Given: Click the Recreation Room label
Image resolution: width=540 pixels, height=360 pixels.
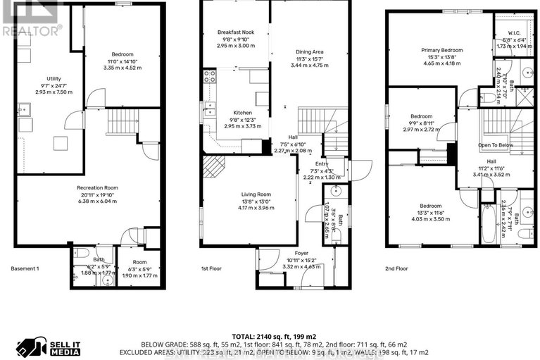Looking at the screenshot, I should click(x=96, y=187).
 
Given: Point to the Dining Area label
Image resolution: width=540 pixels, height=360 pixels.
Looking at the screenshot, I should click(x=310, y=51).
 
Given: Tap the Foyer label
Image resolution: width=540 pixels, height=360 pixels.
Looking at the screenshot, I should click(x=301, y=252).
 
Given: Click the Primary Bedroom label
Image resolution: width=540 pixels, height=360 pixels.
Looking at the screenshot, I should click(x=442, y=51).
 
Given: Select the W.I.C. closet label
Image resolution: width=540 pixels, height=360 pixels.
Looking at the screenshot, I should click(x=512, y=32).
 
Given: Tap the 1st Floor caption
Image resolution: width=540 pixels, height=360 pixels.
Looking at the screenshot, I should click(x=214, y=268).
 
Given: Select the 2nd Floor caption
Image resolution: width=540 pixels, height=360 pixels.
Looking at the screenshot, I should click(x=397, y=268).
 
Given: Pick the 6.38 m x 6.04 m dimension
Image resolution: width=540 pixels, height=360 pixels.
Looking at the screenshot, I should click(x=96, y=201).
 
